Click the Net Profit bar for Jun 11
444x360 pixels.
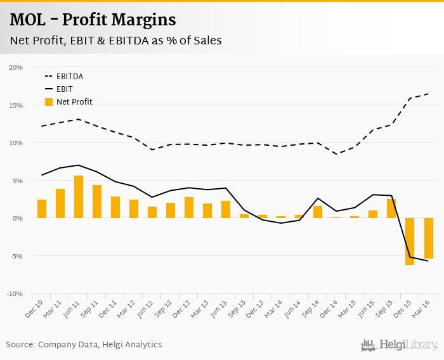click(79, 197)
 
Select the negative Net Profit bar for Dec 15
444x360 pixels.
click(410, 241)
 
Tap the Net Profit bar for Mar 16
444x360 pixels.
click(428, 238)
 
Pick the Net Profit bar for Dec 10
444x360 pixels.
click(42, 209)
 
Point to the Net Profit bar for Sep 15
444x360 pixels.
click(391, 209)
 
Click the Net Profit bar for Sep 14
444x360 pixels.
click(318, 212)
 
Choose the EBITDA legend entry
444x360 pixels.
click(70, 77)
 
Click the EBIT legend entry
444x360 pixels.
click(65, 89)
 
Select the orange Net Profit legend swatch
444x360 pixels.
click(49, 102)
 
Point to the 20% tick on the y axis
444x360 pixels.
click(16, 67)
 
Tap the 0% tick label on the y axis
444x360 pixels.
click(17, 219)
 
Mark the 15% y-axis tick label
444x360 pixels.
click(16, 105)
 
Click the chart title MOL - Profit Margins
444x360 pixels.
click(93, 20)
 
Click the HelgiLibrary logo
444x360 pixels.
click(400, 345)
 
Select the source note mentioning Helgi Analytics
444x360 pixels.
click(84, 345)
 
